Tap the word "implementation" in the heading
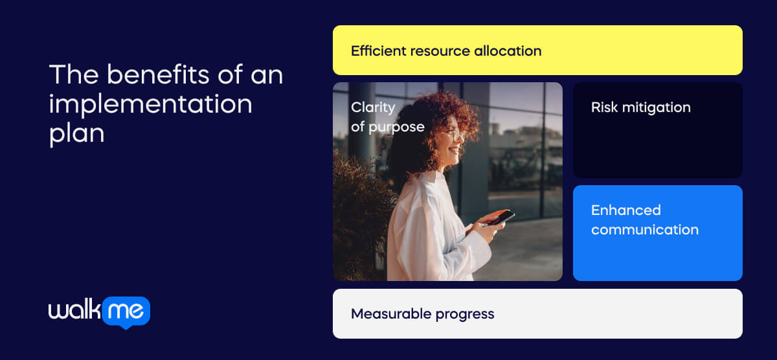(150, 104)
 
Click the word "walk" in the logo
(73, 311)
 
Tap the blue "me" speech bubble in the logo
(125, 312)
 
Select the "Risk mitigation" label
(640, 107)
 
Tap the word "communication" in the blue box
(644, 230)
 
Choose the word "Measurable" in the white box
(390, 314)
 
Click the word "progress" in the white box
(465, 315)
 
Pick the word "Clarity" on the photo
(372, 107)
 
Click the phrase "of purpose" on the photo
(387, 127)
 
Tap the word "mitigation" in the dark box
(655, 107)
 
